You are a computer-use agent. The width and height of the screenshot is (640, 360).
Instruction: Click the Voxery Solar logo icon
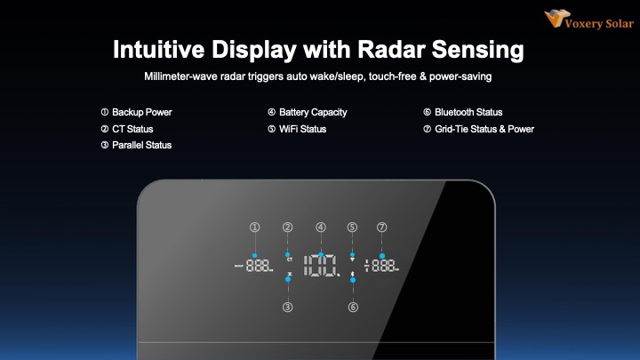[x=556, y=19]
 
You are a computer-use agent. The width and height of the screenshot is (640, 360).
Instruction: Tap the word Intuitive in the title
[x=159, y=50]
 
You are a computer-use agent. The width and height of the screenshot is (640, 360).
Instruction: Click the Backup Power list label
[x=142, y=112]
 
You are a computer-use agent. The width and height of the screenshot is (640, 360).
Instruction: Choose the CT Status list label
[x=132, y=129]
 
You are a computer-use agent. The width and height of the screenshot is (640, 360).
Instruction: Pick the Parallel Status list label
[x=141, y=145]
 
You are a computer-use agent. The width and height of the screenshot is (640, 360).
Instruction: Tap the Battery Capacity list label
[x=313, y=112]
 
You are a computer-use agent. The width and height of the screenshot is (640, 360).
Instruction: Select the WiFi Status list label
[x=302, y=129]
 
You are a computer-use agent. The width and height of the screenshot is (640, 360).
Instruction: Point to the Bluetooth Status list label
[x=468, y=112]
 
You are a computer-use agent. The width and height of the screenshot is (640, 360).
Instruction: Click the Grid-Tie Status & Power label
[x=484, y=129]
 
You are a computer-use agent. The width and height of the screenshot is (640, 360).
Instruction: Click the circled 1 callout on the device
[x=255, y=228]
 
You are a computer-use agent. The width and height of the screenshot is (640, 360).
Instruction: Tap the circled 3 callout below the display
[x=288, y=307]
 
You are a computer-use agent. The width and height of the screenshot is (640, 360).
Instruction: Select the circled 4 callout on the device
[x=321, y=228]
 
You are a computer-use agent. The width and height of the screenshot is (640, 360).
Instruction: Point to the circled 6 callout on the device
[x=353, y=307]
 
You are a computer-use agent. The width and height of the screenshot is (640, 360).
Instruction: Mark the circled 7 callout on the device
[x=381, y=228]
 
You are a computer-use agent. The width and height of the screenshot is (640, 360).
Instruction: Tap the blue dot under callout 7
[x=382, y=256]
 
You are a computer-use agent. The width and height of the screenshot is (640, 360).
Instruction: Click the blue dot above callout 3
[x=288, y=279]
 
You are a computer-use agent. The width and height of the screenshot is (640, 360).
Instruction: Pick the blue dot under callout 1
[x=255, y=255]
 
